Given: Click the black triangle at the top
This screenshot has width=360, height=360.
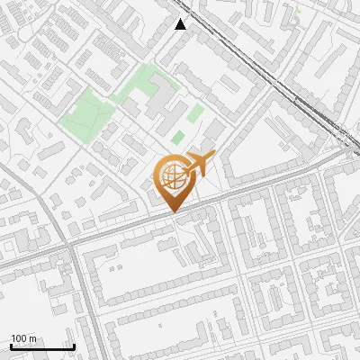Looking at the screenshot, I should [x=181, y=24].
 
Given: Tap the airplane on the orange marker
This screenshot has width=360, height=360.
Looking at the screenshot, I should [x=197, y=165].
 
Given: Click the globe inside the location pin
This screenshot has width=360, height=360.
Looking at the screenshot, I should [x=172, y=175].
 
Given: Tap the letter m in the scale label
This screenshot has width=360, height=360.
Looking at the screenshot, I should [x=33, y=338].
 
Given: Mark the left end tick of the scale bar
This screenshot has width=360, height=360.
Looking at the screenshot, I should [x=11, y=346].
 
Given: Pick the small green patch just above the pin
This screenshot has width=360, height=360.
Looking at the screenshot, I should [x=178, y=138].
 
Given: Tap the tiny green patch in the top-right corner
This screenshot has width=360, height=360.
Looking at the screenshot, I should [x=297, y=13].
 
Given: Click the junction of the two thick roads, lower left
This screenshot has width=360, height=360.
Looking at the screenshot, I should [x=68, y=243].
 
